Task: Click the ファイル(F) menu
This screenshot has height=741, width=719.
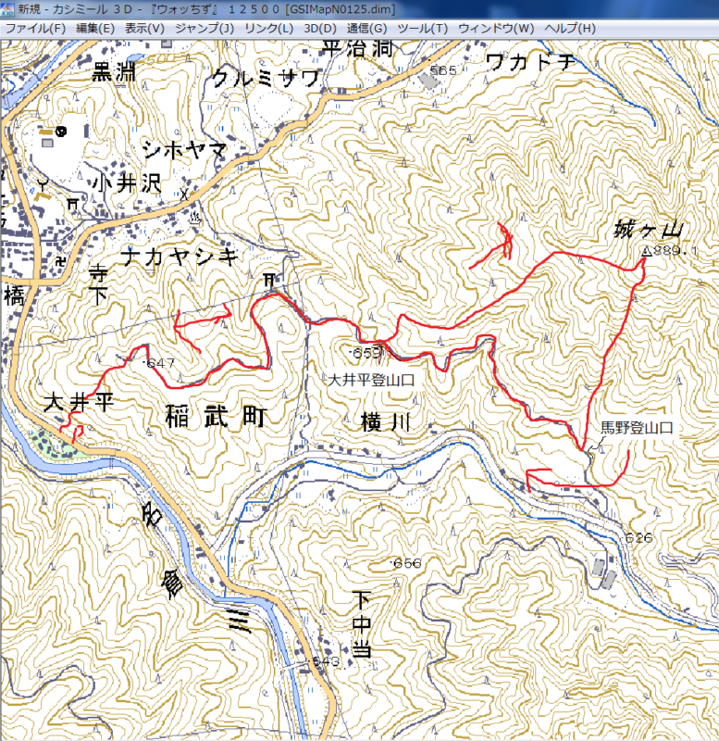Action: [x=35, y=28]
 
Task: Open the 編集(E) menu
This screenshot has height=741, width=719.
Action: [x=95, y=28]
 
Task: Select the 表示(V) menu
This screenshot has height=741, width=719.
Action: [x=144, y=28]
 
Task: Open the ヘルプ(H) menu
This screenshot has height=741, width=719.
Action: [x=571, y=28]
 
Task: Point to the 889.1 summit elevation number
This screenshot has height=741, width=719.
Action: [x=678, y=251]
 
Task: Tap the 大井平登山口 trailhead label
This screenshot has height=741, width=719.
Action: [x=369, y=380]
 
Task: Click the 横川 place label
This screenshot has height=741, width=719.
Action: [x=380, y=424]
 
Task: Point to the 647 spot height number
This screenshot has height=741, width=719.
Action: [x=162, y=362]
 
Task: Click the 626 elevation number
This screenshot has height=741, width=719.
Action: [x=638, y=538]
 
